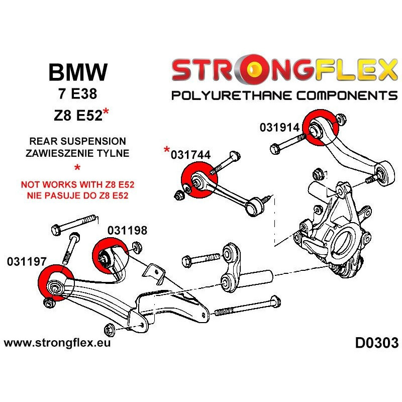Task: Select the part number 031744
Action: [191, 155]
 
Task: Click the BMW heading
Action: [77, 73]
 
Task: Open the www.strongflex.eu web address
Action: [57, 344]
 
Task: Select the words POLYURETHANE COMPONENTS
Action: [284, 95]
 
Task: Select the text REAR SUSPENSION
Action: [76, 142]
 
